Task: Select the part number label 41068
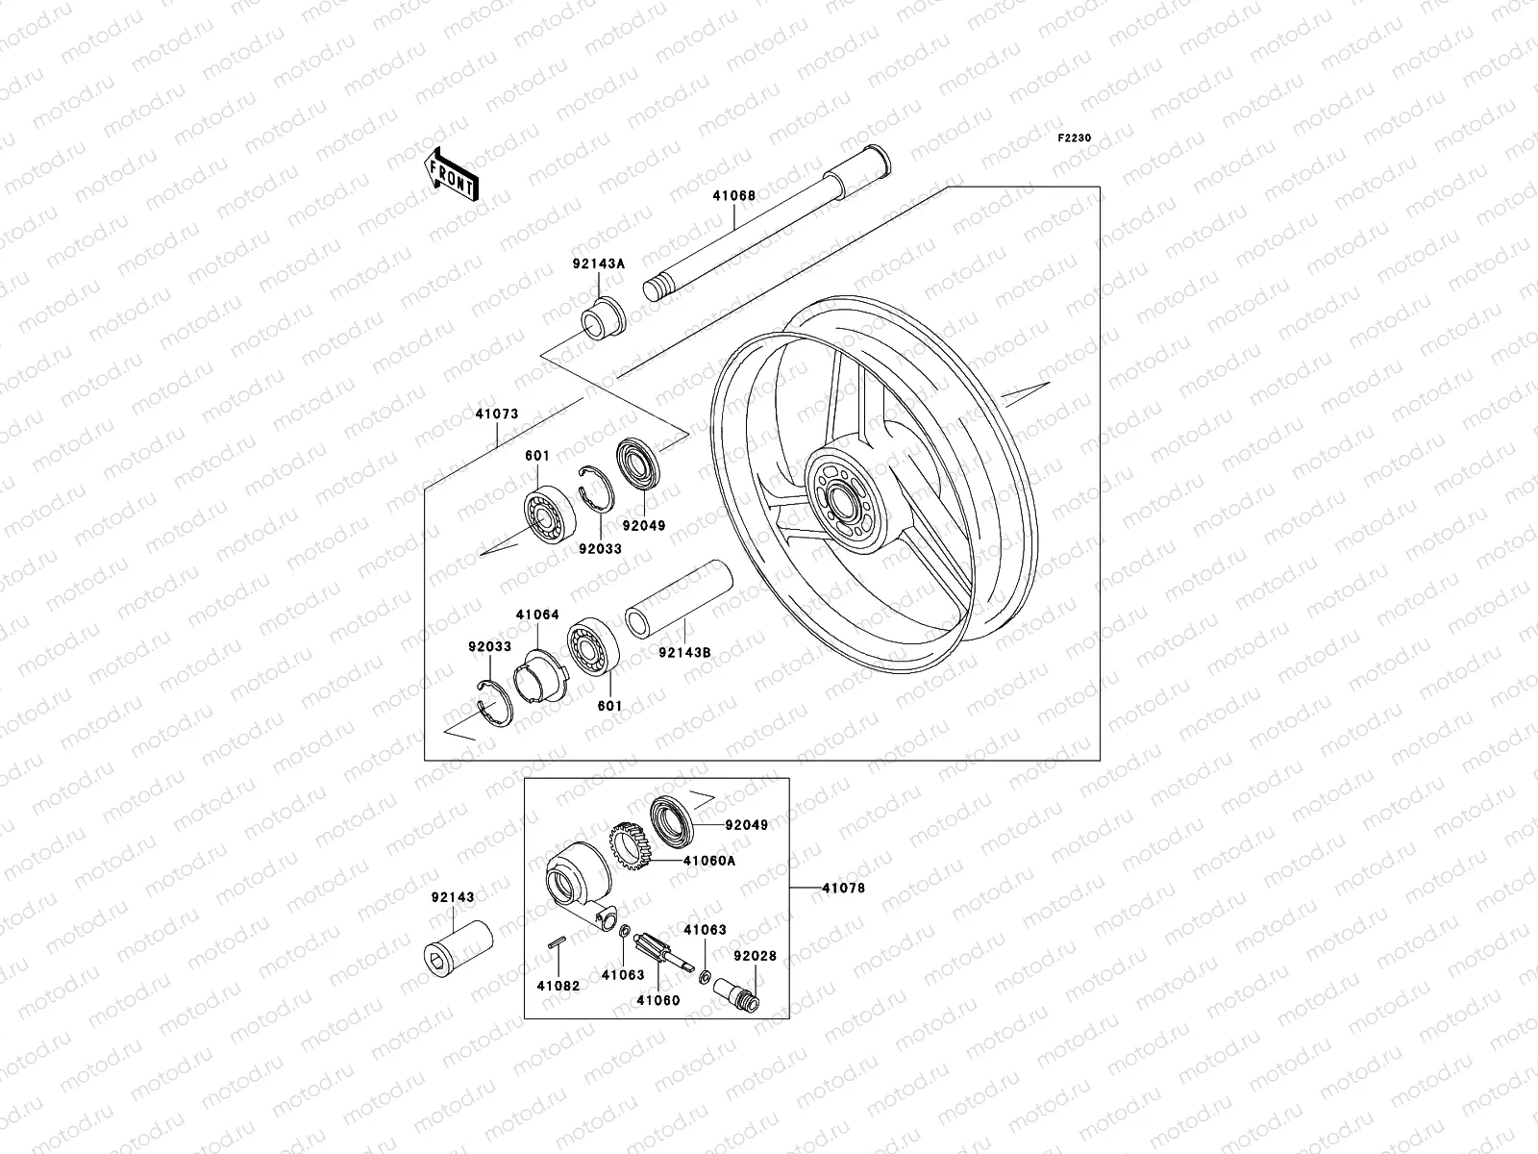point(733,196)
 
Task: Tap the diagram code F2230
point(1074,138)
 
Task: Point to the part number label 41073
point(496,414)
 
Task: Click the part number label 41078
point(843,889)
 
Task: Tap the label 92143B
point(684,652)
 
